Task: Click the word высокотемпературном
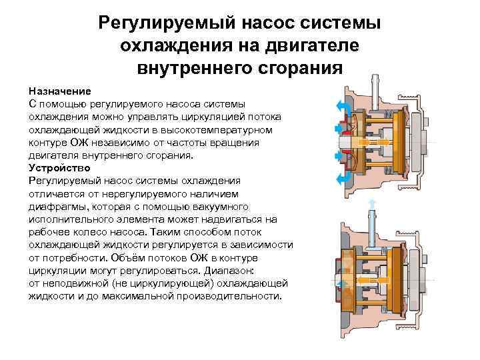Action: click(x=231, y=129)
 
